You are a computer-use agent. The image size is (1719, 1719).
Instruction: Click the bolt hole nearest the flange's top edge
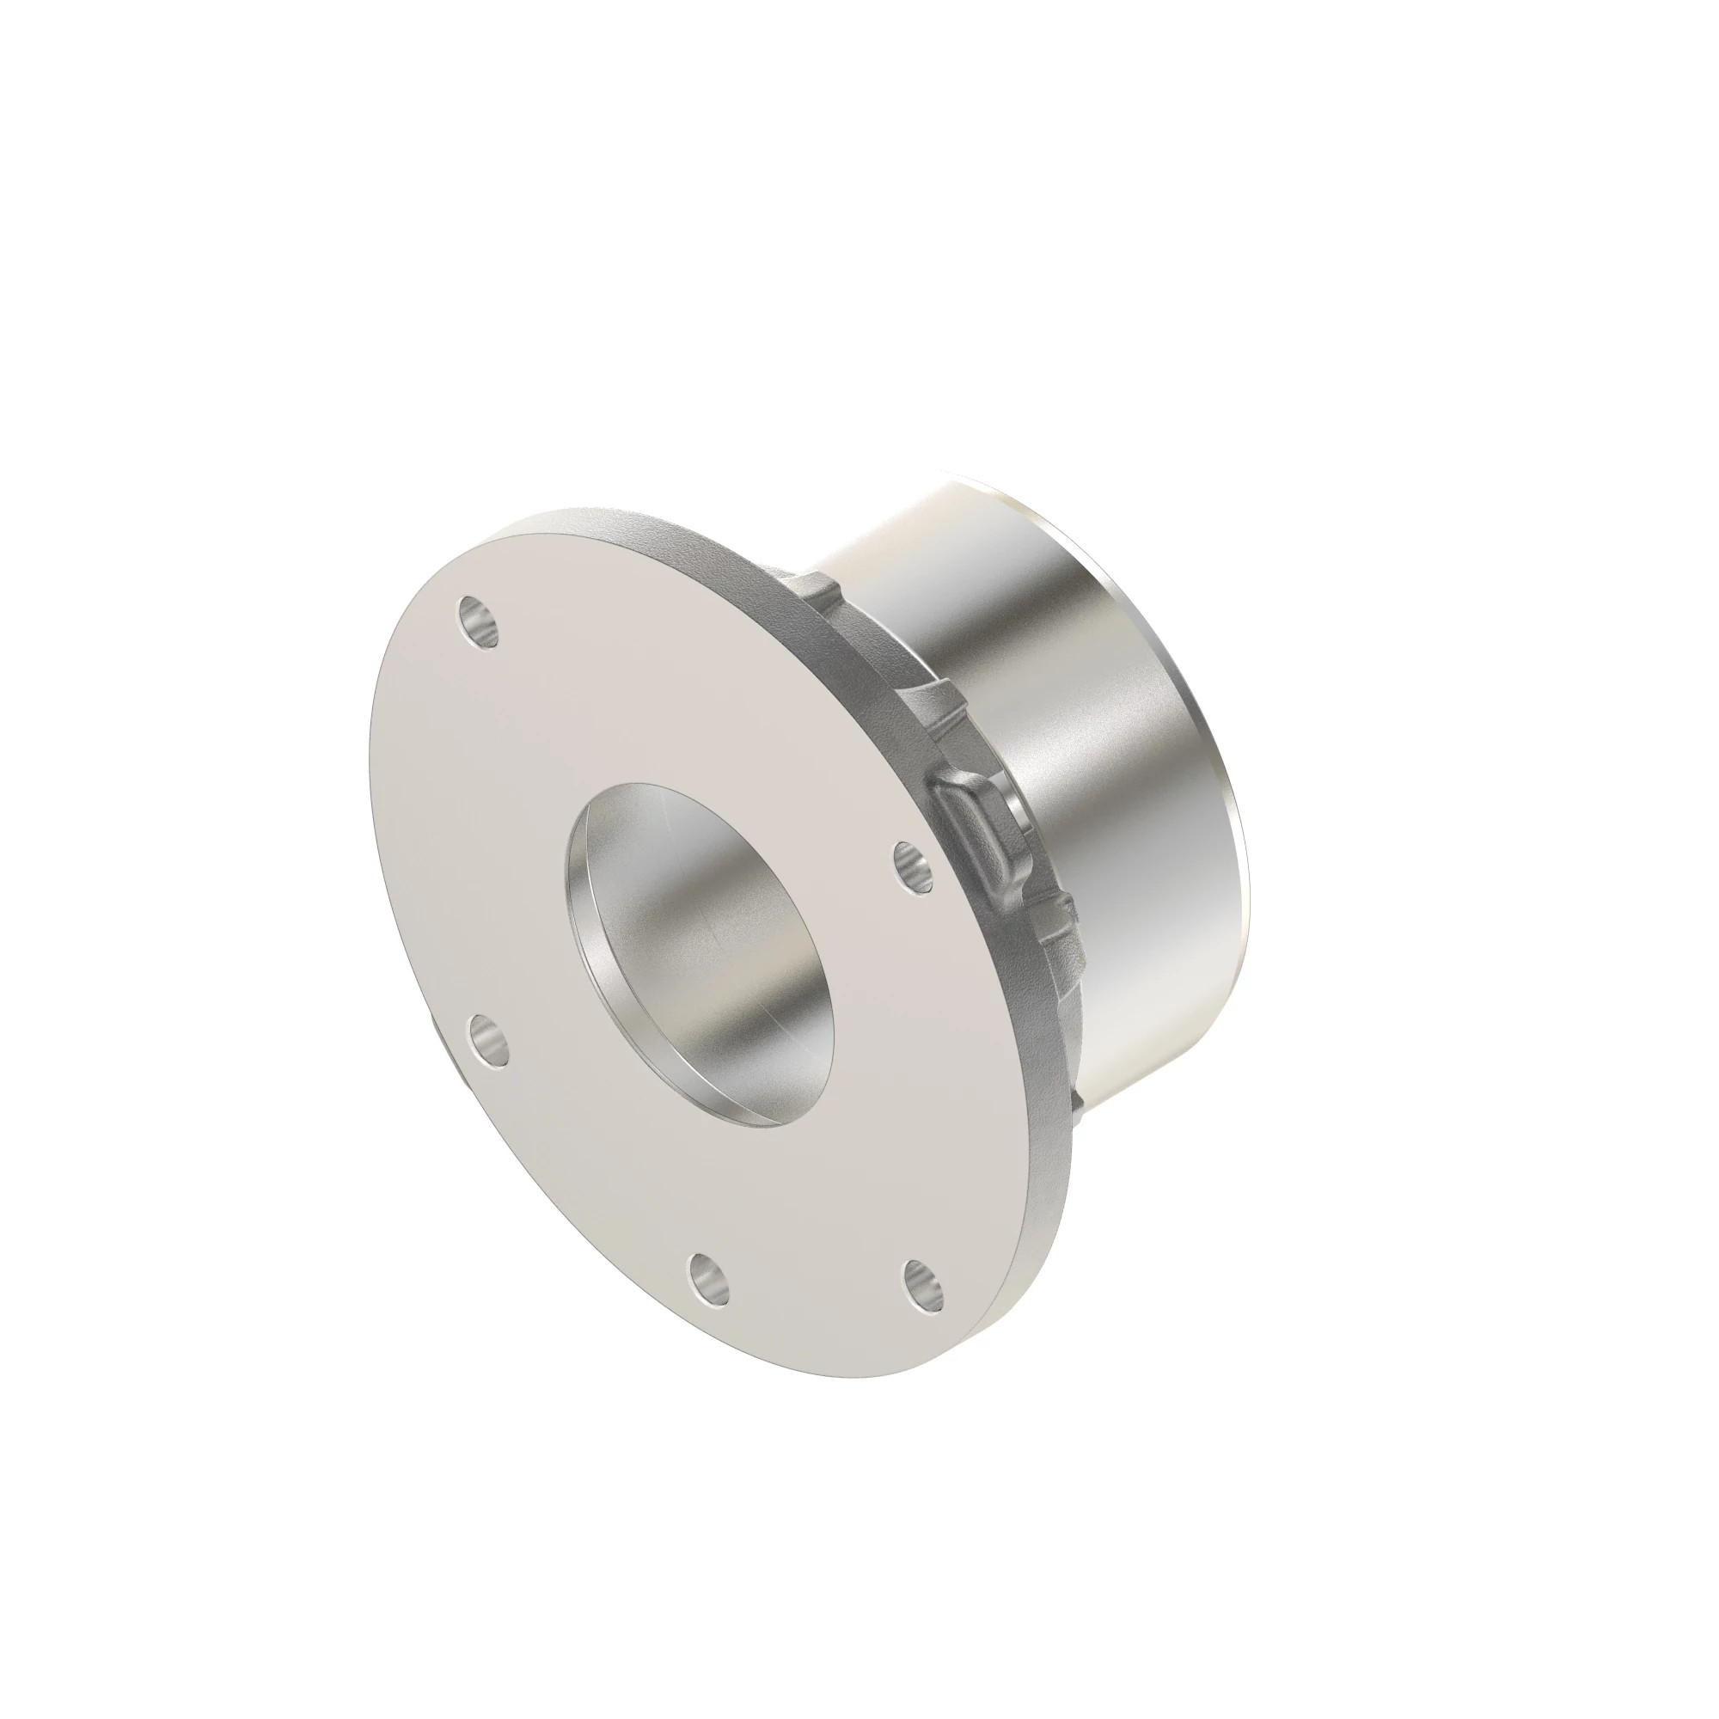[x=478, y=625]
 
